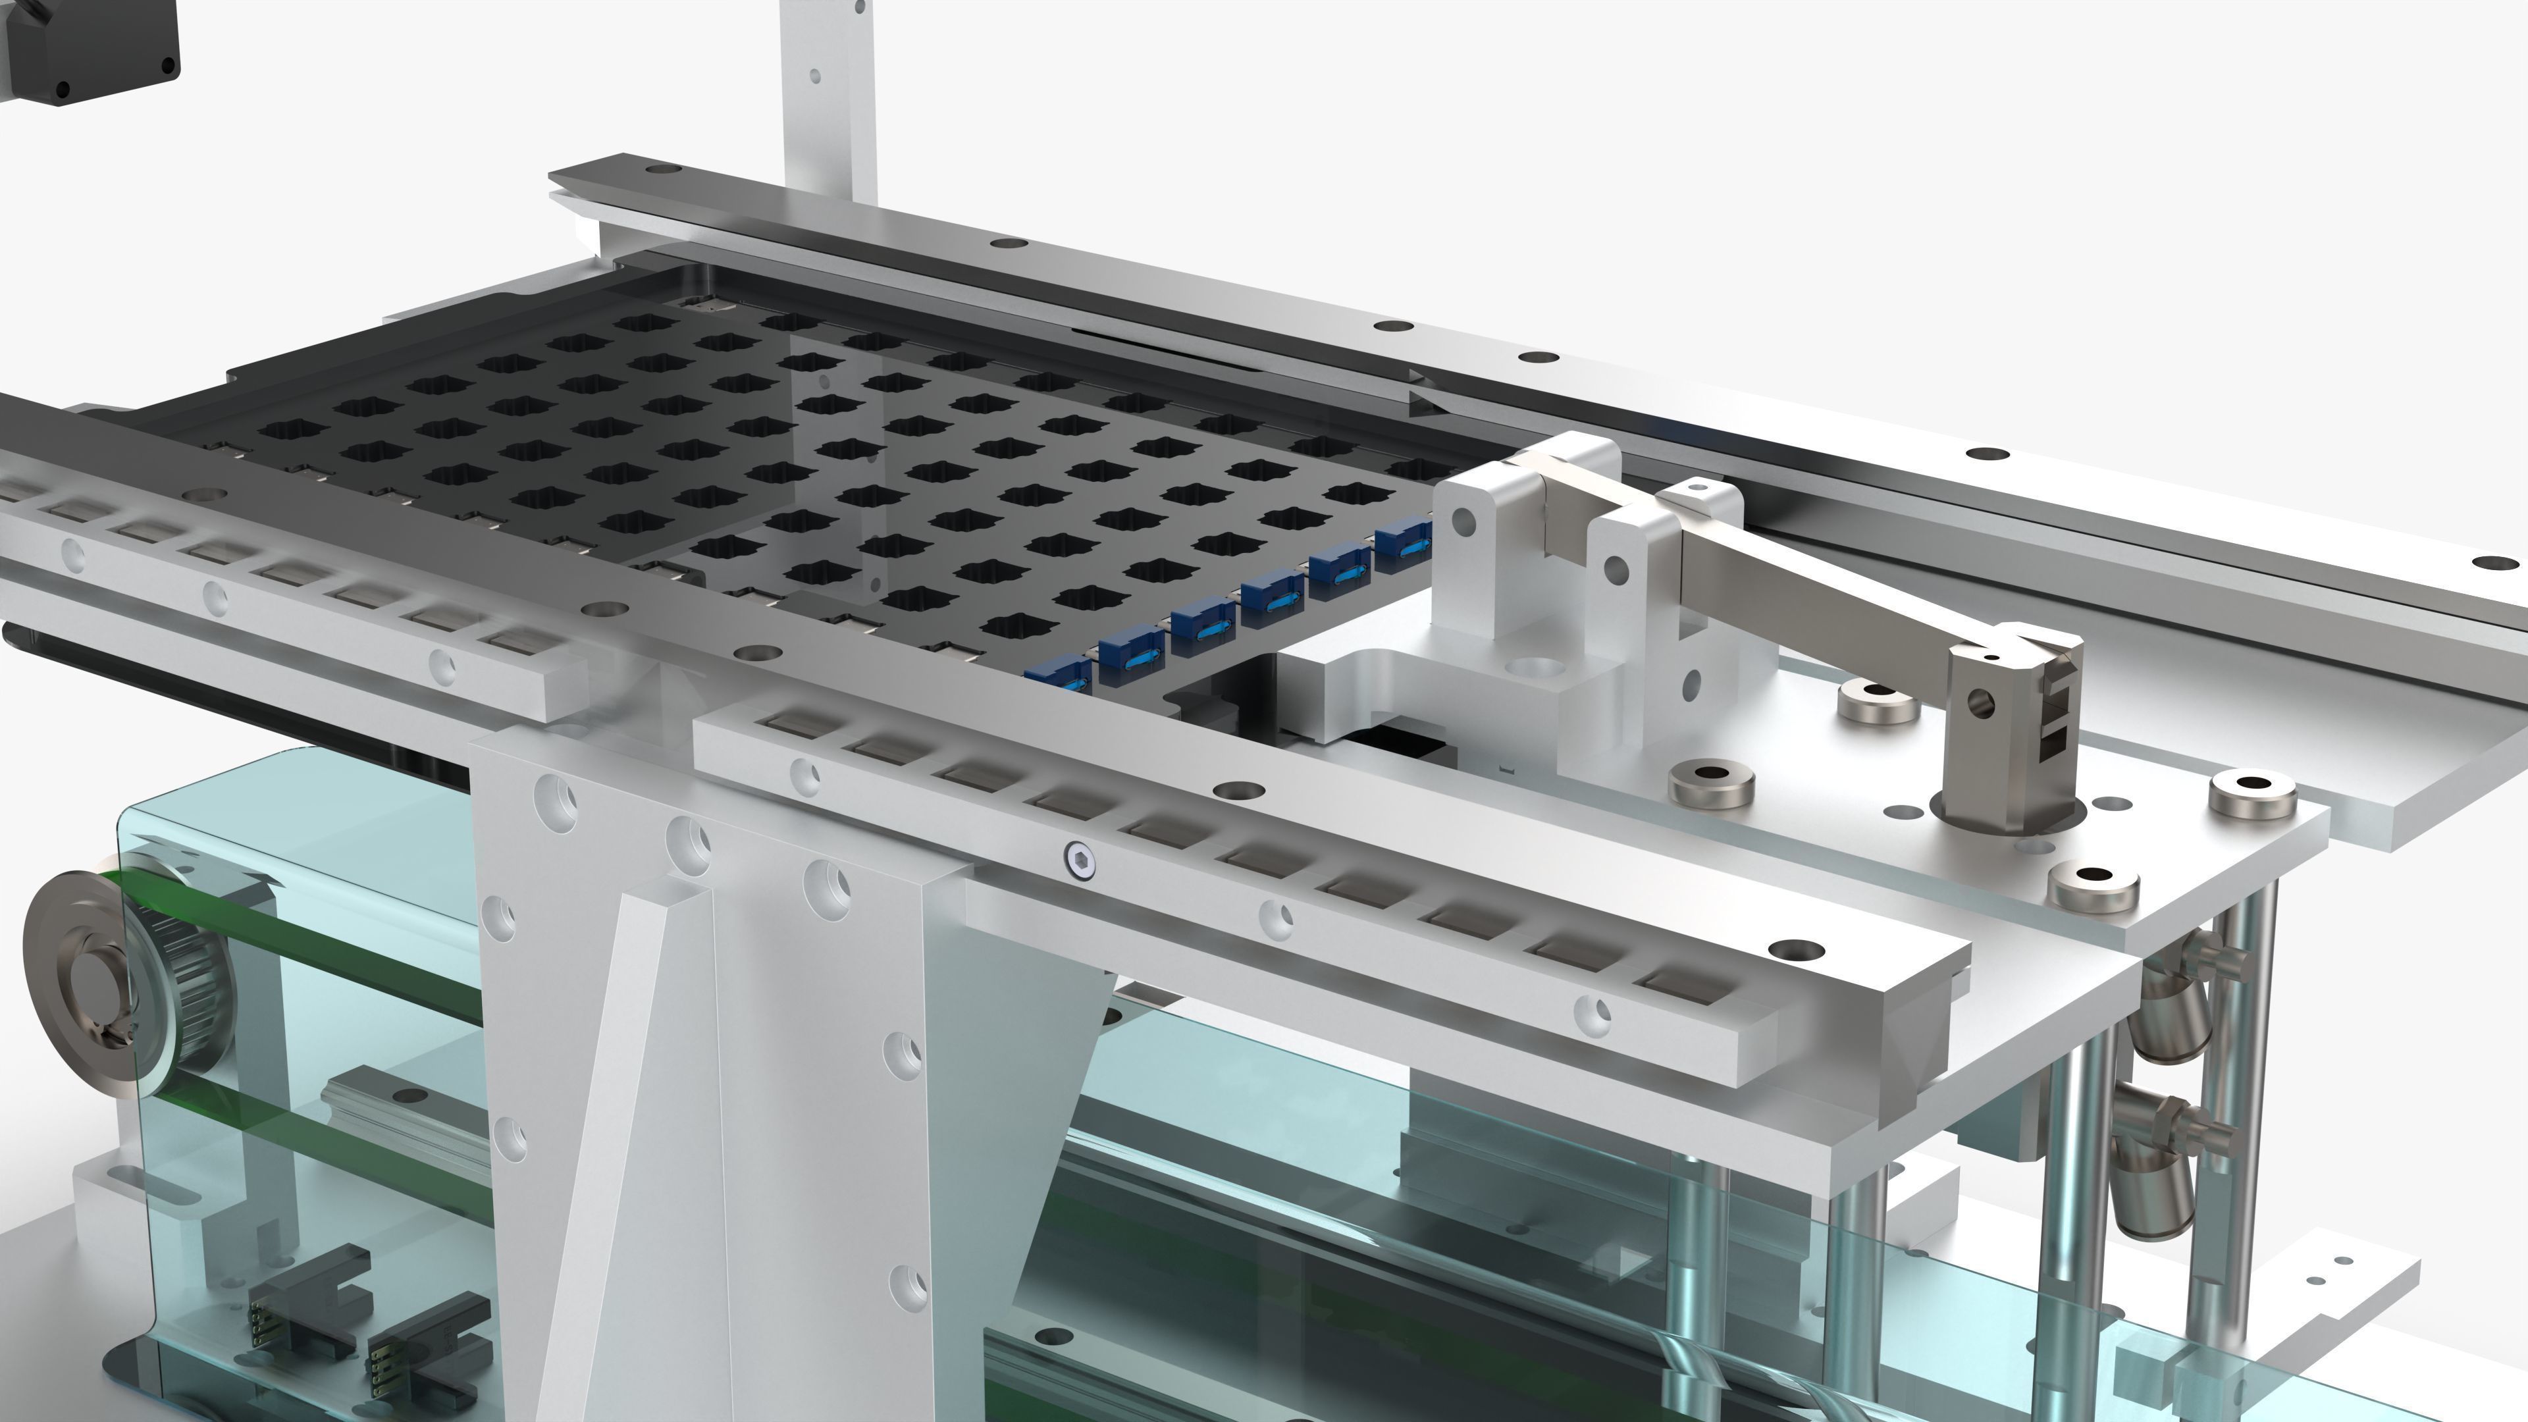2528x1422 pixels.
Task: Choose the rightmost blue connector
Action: coord(1404,540)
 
